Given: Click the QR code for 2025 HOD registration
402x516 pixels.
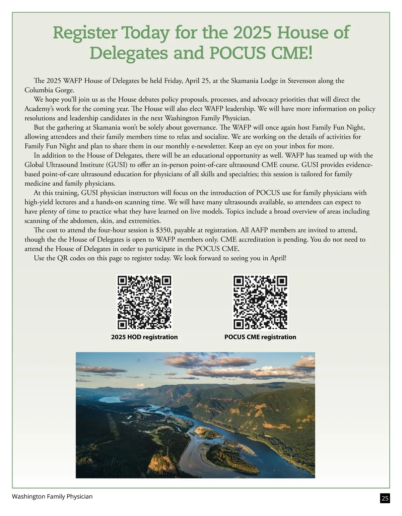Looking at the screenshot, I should pos(144,303).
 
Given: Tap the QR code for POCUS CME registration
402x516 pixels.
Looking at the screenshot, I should pos(260,303).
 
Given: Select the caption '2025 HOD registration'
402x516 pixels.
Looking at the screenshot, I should pos(144,337).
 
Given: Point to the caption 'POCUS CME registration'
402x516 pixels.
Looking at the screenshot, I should pos(260,337).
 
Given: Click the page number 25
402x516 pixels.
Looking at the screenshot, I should pos(385,498).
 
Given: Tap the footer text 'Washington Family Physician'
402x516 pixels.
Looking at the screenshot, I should pos(52,497).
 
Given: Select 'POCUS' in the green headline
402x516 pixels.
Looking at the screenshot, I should pos(238,53).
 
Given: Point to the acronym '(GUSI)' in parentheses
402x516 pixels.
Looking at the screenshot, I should pos(115,165).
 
